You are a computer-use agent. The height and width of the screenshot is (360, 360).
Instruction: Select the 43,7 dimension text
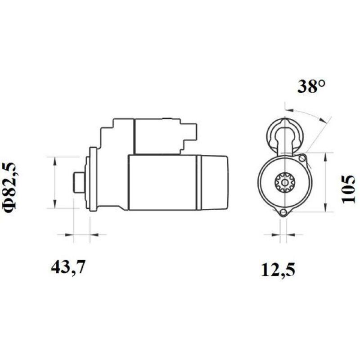tap(68, 267)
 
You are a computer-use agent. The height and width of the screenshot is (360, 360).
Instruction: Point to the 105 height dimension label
tap(349, 189)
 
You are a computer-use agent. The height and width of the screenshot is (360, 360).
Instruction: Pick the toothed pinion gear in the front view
tap(283, 184)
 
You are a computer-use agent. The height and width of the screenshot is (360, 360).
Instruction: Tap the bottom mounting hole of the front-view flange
tap(283, 213)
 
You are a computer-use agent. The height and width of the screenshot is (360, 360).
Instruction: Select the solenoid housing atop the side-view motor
tap(148, 135)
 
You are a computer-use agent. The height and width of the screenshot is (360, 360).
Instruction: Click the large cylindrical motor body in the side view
tap(162, 182)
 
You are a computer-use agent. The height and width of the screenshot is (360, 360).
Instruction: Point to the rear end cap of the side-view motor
tap(213, 182)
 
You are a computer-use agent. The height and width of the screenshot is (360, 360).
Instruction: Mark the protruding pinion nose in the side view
tap(76, 182)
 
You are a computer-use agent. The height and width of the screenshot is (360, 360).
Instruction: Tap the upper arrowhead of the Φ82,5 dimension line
tap(55, 160)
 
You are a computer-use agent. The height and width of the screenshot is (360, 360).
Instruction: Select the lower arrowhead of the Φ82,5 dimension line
tap(55, 205)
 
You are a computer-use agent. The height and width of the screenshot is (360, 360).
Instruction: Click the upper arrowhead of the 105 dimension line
tap(326, 155)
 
